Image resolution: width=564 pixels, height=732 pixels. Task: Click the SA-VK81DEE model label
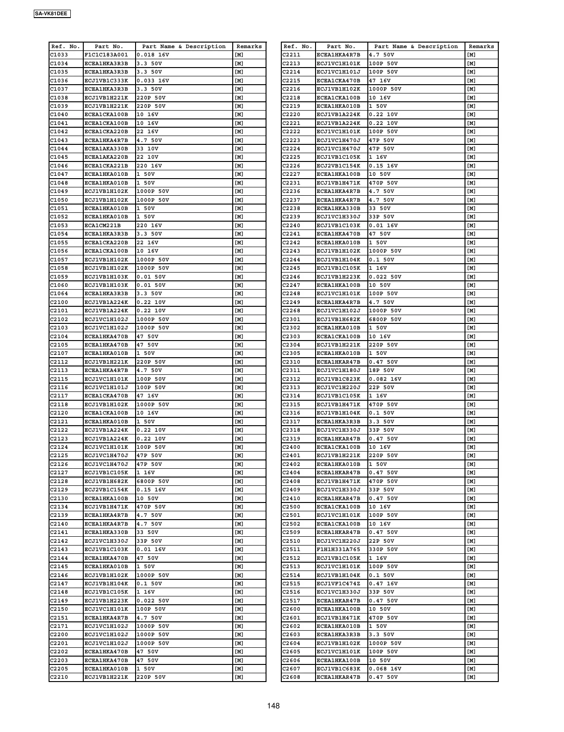51,14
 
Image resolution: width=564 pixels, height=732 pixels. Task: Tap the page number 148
273,706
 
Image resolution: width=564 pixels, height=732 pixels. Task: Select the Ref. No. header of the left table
66,46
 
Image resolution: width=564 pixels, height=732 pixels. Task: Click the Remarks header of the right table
481,46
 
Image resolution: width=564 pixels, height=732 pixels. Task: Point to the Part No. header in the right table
341,46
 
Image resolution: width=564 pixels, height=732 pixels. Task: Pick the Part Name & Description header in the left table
184,46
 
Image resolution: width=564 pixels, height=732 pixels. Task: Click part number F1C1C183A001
106,55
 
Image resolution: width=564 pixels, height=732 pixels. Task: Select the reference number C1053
59,225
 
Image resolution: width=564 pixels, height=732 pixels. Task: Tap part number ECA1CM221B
103,225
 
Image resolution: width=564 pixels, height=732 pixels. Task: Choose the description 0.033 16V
153,81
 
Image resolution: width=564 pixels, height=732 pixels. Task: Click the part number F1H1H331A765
339,549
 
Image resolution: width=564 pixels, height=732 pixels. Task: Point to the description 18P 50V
381,370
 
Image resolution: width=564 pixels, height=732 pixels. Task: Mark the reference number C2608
291,677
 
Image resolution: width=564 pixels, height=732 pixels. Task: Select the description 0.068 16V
385,669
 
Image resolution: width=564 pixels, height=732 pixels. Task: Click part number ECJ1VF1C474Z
339,583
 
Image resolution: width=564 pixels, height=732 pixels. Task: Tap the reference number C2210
59,677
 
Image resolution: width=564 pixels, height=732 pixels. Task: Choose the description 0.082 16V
385,379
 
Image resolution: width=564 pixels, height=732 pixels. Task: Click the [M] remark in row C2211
471,55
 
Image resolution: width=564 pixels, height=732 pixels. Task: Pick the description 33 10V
147,149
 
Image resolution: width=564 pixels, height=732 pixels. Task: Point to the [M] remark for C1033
239,55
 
